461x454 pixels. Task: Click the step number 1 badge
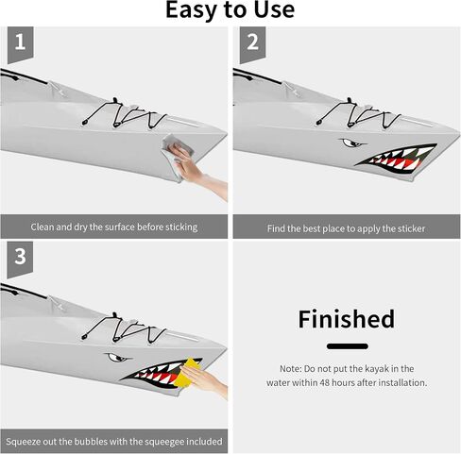pos(21,44)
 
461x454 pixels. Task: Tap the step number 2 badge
pos(252,44)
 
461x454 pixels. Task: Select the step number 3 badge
pos(20,259)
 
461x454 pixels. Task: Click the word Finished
pos(346,319)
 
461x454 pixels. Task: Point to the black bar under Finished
pos(348,346)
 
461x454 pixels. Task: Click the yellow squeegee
pos(187,373)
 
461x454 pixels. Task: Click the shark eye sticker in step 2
pos(352,143)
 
